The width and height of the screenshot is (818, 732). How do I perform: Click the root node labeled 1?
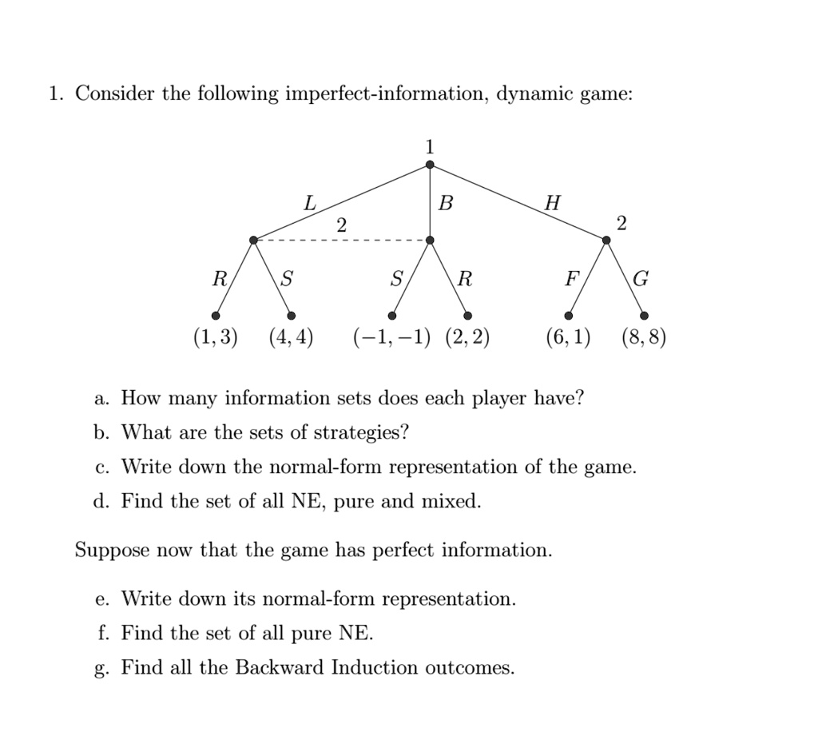point(430,165)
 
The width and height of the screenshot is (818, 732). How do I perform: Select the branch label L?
point(309,204)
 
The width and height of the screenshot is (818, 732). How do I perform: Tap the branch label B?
point(446,204)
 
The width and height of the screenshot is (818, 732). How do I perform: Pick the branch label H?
point(551,204)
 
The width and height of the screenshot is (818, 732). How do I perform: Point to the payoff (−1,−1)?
point(391,338)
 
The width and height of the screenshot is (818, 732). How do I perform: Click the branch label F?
point(570,280)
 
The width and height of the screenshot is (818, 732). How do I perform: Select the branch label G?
point(640,280)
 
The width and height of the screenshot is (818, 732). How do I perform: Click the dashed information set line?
point(342,240)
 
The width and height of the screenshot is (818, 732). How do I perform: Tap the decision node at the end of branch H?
point(606,240)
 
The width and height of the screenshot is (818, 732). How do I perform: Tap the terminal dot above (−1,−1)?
point(392,316)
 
